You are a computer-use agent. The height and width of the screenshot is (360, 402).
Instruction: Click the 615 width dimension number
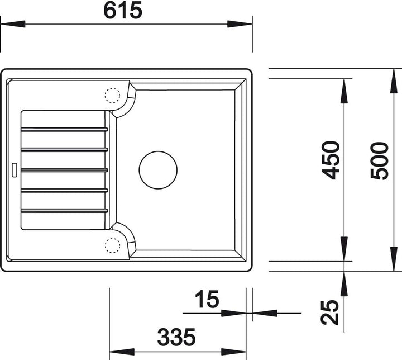pos(122,10)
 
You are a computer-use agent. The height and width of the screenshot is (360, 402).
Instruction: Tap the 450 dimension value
pos(331,160)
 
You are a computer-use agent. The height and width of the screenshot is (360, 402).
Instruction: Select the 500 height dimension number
pos(380,160)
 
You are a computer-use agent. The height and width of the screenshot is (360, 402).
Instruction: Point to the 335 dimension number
pos(176,337)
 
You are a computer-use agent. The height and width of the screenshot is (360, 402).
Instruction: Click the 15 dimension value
pos(207,299)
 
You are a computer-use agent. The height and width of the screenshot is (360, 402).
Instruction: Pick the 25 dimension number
pos(330,312)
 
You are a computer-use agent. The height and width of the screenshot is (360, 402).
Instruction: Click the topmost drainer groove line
pos(64,129)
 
